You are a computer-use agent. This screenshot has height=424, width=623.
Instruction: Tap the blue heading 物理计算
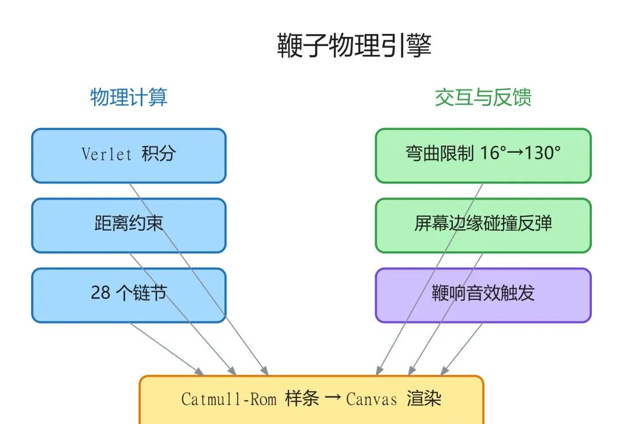(x=129, y=97)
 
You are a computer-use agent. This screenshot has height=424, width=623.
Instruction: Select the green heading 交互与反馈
(x=483, y=97)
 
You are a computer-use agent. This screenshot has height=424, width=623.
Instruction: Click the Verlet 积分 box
(x=129, y=155)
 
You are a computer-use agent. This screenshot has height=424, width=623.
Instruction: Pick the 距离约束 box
(x=129, y=225)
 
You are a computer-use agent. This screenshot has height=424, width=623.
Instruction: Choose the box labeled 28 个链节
(x=129, y=295)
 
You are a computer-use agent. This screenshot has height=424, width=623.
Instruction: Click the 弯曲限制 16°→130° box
(x=483, y=155)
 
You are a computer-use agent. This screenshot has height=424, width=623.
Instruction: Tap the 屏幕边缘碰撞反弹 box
(x=483, y=225)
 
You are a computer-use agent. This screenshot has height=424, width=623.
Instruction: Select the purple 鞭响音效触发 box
(x=483, y=295)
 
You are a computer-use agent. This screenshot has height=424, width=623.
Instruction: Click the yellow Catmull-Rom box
(x=311, y=399)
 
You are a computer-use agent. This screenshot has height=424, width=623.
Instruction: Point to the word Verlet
(x=107, y=154)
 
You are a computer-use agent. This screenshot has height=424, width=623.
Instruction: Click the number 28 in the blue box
(x=100, y=293)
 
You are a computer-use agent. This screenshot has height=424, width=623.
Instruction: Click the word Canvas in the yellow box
(x=371, y=399)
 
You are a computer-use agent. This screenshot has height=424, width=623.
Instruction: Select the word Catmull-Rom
(x=228, y=399)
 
